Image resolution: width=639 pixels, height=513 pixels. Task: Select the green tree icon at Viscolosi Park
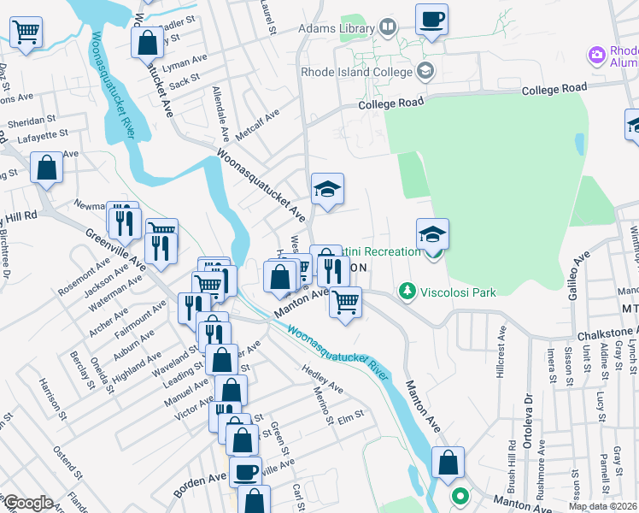click(x=407, y=292)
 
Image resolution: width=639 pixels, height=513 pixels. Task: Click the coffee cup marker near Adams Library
click(x=432, y=19)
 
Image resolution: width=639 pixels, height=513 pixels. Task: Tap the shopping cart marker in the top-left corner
click(x=26, y=33)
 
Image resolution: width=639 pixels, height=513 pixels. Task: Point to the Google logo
click(x=27, y=503)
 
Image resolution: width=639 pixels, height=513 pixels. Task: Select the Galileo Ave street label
click(x=581, y=276)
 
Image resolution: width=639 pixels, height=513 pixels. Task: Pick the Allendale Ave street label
click(x=220, y=113)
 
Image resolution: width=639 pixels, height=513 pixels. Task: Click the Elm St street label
click(x=351, y=416)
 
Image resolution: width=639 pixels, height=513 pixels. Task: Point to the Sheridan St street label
click(x=32, y=121)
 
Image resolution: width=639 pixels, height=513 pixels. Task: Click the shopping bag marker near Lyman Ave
click(x=147, y=42)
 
